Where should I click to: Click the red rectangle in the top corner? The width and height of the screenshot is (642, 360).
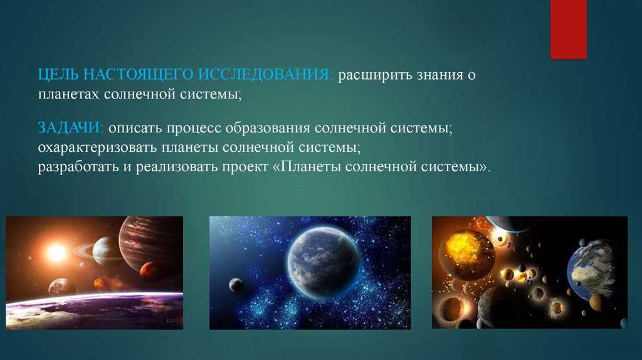(x=568, y=29)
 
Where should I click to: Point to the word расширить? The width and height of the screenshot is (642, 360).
(x=375, y=76)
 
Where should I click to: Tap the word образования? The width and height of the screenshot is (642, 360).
(x=267, y=128)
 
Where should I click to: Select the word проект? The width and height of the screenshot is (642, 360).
(x=245, y=167)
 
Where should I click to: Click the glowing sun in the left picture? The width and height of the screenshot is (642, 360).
(x=56, y=252)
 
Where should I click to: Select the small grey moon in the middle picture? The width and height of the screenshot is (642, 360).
(x=236, y=285)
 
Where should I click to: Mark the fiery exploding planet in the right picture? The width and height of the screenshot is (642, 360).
(x=466, y=255)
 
